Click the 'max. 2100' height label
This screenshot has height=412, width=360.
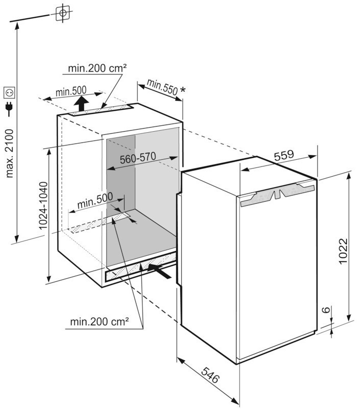tap(10, 154)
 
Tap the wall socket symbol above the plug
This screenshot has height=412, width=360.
tap(10, 92)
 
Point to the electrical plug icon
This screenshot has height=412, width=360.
tap(10, 109)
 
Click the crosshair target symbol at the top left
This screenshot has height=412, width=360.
tap(62, 13)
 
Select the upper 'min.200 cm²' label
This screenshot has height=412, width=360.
tap(97, 68)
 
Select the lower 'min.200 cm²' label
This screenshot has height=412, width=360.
tap(100, 321)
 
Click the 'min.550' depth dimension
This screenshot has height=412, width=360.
tap(162, 86)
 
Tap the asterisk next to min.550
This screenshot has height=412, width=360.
tap(183, 90)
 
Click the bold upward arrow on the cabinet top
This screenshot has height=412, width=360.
tap(81, 104)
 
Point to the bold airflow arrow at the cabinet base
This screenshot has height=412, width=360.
tap(159, 271)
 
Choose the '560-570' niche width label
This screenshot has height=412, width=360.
tap(138, 158)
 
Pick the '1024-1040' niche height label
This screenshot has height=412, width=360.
tap(43, 206)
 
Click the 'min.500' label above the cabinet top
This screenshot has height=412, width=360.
tap(71, 92)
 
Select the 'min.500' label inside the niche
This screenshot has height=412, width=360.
tap(95, 200)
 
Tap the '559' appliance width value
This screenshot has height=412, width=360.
tap(284, 155)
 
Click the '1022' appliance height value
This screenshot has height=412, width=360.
tap(343, 251)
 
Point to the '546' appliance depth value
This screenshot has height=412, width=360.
tap(210, 375)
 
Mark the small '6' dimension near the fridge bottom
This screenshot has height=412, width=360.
tap(326, 310)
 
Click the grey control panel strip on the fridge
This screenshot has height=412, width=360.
tap(277, 195)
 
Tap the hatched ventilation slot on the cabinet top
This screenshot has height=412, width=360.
tap(102, 110)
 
